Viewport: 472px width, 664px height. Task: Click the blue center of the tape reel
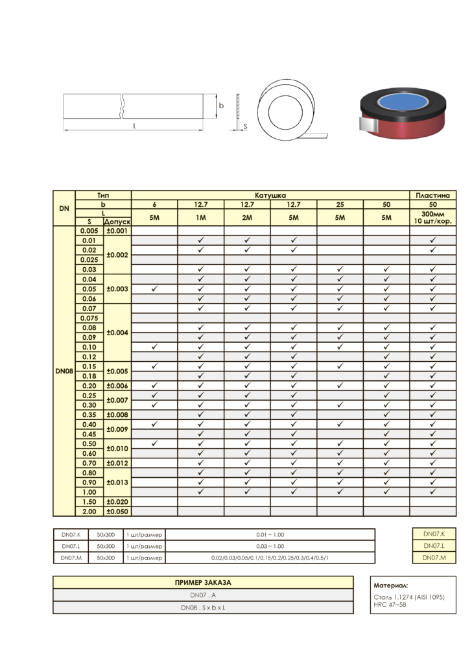point(402,102)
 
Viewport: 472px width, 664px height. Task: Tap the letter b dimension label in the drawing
point(221,106)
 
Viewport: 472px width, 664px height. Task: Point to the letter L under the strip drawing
point(135,126)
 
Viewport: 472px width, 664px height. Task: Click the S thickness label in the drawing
point(245,126)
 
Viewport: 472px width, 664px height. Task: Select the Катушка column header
point(270,195)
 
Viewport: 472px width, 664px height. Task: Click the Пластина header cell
point(432,195)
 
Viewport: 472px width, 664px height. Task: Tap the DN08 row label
point(64,371)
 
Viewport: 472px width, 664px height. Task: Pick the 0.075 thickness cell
point(89,318)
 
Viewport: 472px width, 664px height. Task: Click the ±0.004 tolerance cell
point(117,333)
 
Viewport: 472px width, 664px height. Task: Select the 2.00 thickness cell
point(89,511)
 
